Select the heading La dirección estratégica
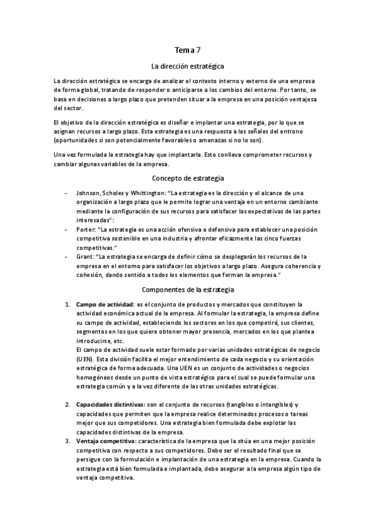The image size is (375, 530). tap(188, 66)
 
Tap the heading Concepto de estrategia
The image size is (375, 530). tap(188, 177)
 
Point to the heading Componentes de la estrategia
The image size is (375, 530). tap(188, 290)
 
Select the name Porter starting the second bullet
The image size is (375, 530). tap(85, 229)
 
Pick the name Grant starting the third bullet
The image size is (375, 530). tap(83, 257)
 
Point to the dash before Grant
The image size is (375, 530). tap(66, 257)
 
